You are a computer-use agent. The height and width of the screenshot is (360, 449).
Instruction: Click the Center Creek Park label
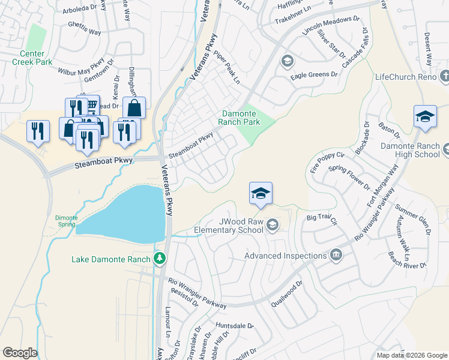coord(32,58)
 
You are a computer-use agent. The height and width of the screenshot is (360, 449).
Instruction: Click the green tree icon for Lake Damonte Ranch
coord(160,259)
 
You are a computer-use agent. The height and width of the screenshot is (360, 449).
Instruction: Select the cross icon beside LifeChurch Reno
coord(444,77)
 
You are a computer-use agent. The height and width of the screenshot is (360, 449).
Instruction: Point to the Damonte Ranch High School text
coord(411,150)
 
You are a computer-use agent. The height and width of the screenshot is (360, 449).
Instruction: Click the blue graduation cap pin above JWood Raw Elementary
coord(261,193)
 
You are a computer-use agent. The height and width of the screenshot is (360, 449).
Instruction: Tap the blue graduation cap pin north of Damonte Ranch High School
coord(425,116)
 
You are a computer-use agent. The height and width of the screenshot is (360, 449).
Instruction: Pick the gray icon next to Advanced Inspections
coord(336,256)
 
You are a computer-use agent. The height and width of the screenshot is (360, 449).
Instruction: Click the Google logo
coord(19,352)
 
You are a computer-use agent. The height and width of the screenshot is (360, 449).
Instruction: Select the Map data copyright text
coord(411,355)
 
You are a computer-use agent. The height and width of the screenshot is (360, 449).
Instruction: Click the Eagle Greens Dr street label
coord(314,75)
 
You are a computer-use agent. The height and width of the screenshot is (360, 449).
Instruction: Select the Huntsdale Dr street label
coord(234,327)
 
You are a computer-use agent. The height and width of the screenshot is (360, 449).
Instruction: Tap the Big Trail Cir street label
coord(322,218)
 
